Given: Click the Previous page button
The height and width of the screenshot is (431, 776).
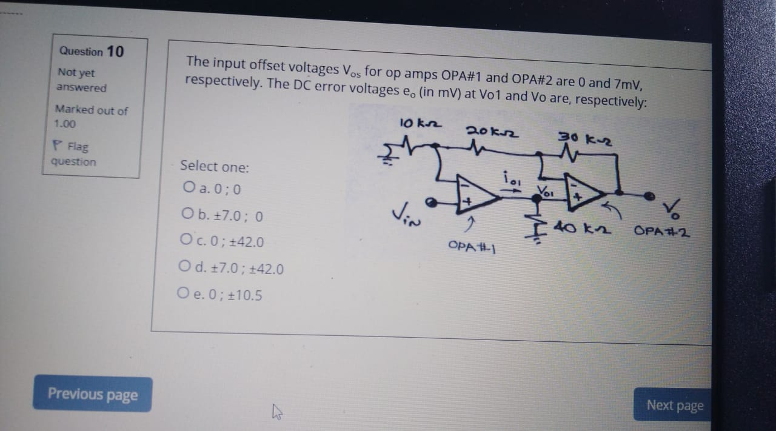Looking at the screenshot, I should click(93, 395).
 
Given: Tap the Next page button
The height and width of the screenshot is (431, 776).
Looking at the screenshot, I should click(674, 405).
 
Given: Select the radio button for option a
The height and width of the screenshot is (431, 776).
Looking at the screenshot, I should click(187, 189).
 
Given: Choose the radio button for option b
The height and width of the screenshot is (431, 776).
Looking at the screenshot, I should click(187, 215).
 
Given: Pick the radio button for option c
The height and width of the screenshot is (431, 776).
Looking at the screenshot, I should click(185, 241).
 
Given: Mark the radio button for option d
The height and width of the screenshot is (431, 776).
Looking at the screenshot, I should click(184, 267).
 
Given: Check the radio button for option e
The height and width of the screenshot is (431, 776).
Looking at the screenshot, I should click(183, 294).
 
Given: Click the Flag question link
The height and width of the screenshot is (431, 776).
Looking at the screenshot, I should click(73, 154).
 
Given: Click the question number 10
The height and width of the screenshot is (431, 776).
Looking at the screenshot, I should click(115, 51).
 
